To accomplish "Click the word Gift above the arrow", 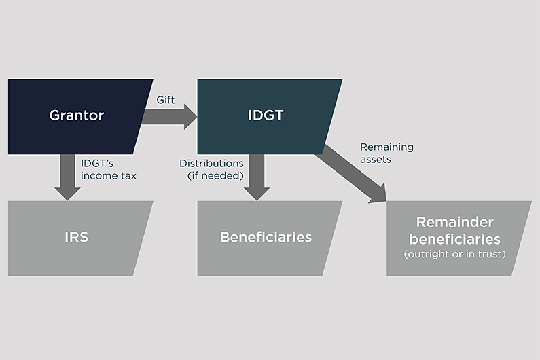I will [165, 100].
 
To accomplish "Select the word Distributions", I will [211, 164].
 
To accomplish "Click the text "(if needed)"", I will [215, 176].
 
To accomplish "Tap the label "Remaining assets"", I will [386, 153].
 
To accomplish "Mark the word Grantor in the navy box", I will [77, 115].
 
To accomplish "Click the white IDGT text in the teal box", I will [266, 115].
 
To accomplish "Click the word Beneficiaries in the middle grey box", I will [266, 238].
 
